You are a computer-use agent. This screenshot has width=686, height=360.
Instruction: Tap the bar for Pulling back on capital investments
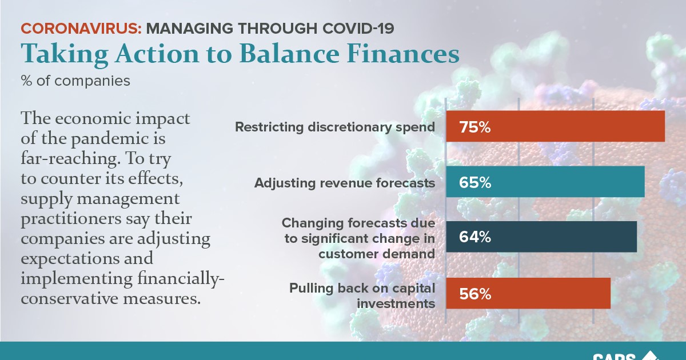[x=549, y=293]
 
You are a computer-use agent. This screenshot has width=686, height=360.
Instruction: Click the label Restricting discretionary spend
[x=335, y=127]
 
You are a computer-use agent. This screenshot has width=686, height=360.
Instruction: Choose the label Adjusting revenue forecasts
[x=345, y=183]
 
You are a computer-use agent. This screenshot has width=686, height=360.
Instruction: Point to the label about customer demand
[x=359, y=238]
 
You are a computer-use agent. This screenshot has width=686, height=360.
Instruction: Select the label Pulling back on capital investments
[x=362, y=295]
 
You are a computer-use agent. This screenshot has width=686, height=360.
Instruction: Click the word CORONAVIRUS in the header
[x=80, y=28]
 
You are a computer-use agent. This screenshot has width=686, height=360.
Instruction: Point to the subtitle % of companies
[x=75, y=81]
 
